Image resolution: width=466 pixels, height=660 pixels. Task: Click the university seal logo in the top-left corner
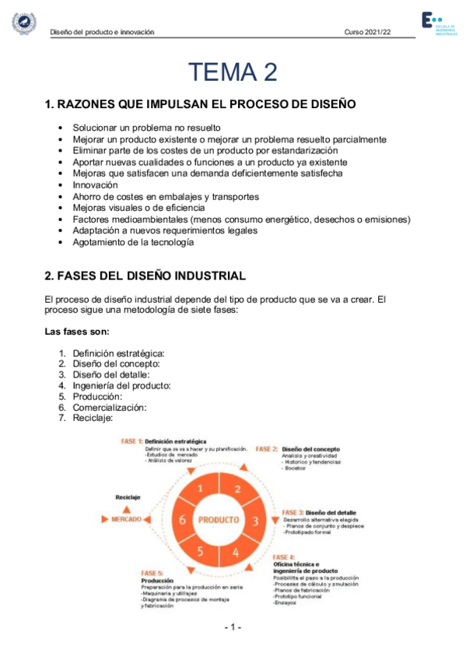(24, 23)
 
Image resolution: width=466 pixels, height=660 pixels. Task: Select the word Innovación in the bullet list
(96, 185)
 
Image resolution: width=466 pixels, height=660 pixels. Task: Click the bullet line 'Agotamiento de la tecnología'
(132, 242)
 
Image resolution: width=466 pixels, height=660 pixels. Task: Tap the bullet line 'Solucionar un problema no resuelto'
(147, 128)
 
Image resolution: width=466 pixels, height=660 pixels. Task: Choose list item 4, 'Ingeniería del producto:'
(121, 384)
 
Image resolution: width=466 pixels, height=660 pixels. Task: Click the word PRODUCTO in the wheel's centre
(219, 519)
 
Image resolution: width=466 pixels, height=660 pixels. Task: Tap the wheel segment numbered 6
(181, 520)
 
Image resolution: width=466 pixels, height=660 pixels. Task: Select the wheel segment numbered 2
(237, 490)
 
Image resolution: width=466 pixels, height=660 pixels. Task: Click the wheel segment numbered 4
(236, 553)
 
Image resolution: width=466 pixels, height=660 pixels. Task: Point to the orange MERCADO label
(125, 518)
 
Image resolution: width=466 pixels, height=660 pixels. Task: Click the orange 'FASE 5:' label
(152, 572)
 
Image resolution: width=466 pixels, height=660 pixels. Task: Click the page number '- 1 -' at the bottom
(233, 627)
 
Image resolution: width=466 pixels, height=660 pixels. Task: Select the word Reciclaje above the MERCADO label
(128, 497)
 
